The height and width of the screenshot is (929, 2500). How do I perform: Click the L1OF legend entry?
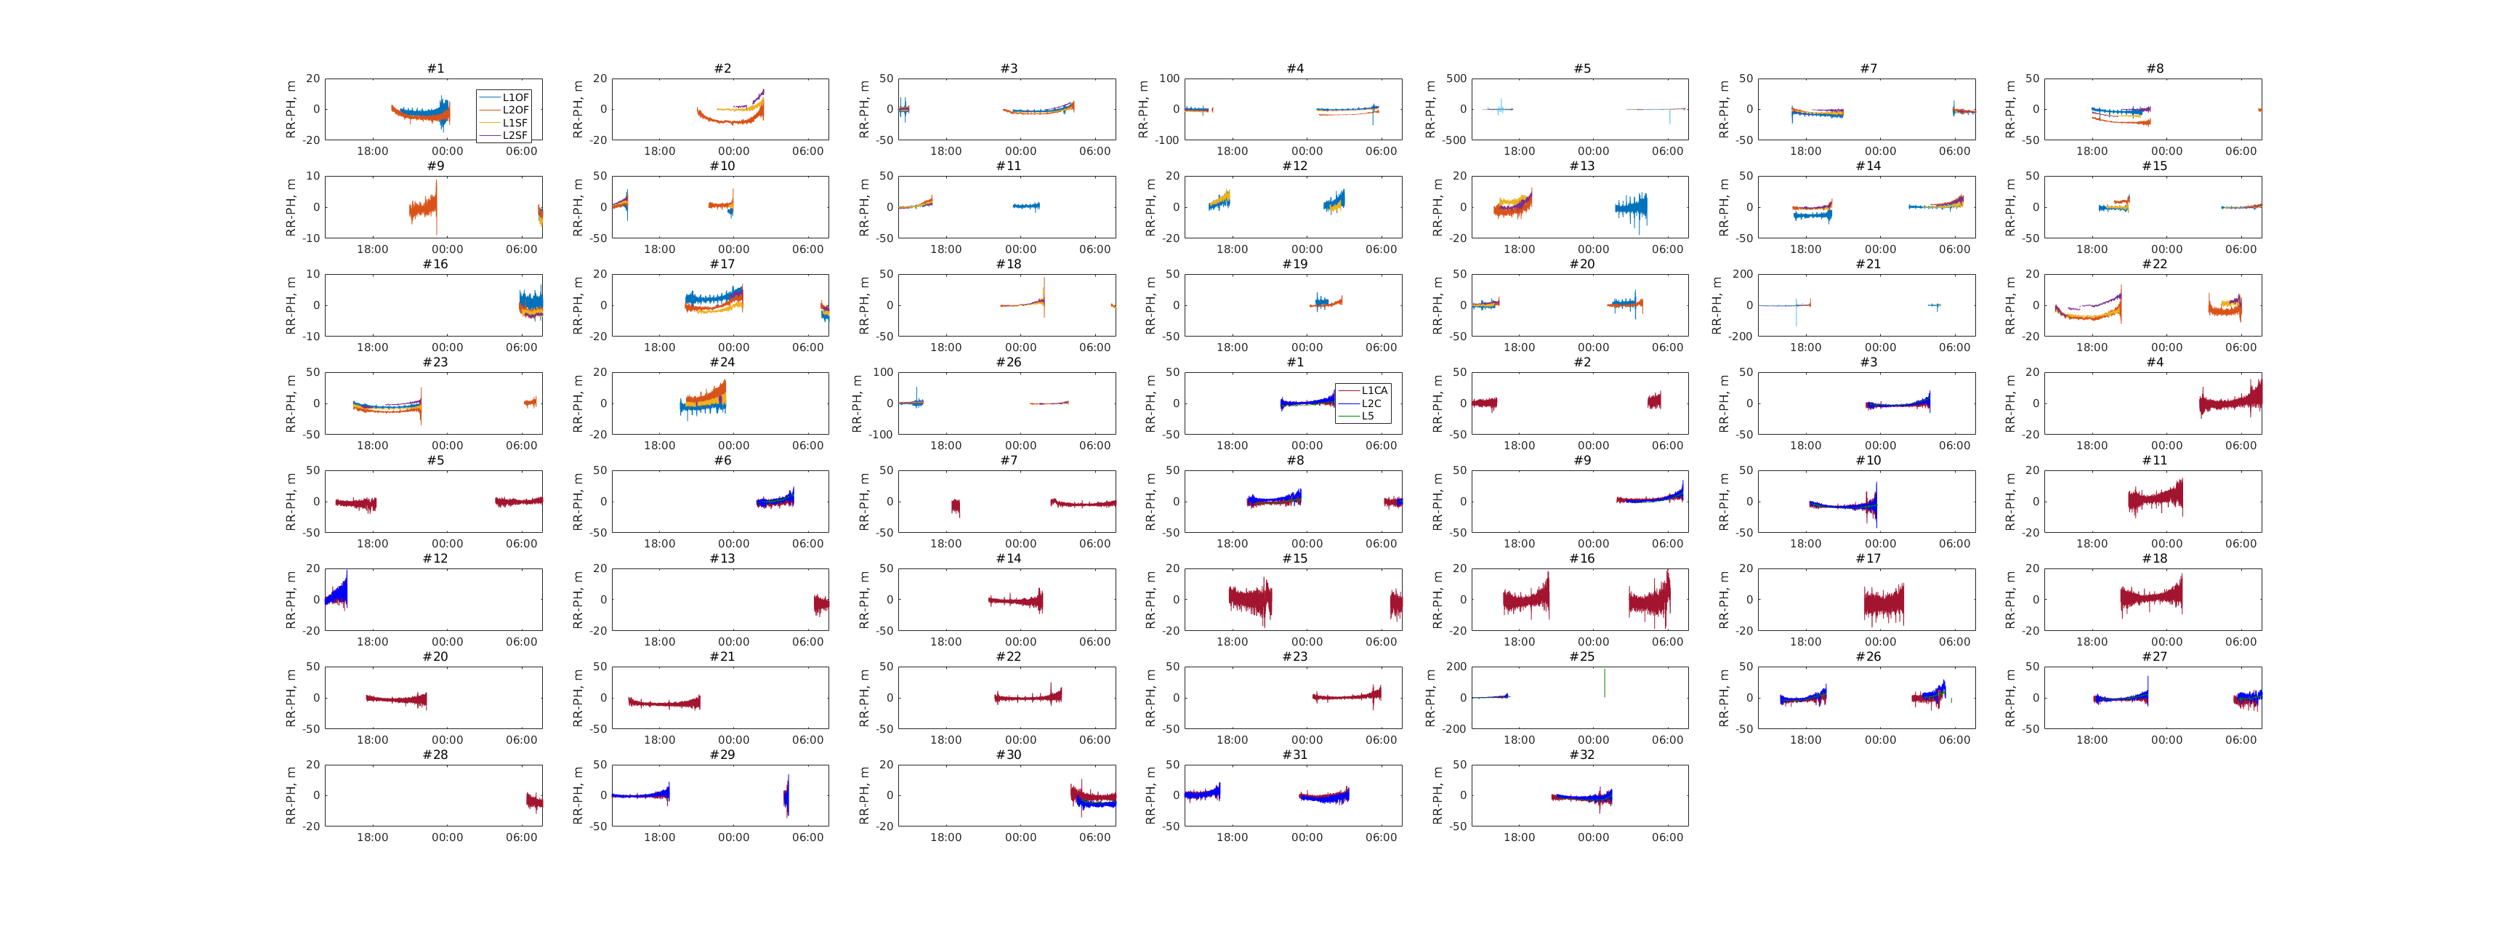point(515,97)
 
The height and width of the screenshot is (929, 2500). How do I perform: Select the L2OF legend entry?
point(515,110)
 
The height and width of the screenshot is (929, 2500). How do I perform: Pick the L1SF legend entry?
point(515,122)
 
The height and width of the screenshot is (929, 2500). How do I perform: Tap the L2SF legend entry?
point(515,135)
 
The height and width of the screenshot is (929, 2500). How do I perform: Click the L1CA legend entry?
point(1374,390)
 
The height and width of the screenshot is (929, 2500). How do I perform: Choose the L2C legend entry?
point(1371,403)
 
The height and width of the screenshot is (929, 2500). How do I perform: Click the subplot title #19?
point(1294,264)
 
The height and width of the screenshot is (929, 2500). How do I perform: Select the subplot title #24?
point(722,362)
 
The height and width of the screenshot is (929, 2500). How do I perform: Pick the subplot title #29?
point(722,755)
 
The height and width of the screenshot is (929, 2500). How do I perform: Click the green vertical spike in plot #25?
point(1604,683)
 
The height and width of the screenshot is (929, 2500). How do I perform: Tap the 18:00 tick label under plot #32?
point(1519,837)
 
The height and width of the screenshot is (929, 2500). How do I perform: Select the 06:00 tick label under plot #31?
point(1381,837)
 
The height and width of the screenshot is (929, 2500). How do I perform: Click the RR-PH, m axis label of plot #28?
point(291,795)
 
